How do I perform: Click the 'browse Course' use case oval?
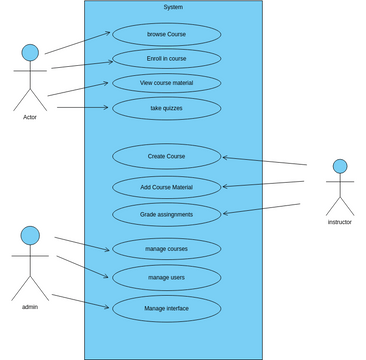click(x=166, y=34)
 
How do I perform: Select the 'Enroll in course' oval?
click(x=166, y=59)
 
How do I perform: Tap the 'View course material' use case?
click(x=166, y=83)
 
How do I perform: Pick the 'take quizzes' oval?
click(x=166, y=108)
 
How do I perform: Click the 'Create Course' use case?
click(x=166, y=156)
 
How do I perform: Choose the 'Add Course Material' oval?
click(x=166, y=187)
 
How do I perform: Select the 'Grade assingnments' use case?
click(x=166, y=214)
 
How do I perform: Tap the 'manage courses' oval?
click(x=166, y=249)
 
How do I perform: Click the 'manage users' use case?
click(x=166, y=277)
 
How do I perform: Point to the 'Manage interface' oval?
click(x=166, y=308)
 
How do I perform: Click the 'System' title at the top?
click(x=173, y=7)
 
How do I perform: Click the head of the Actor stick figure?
click(x=30, y=52)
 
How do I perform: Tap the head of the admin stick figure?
click(x=30, y=235)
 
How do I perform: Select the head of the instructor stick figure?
click(x=340, y=166)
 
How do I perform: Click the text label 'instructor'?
click(x=340, y=222)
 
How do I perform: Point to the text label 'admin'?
click(x=30, y=307)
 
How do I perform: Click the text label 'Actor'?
click(x=30, y=117)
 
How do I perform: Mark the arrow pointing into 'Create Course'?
click(x=264, y=160)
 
